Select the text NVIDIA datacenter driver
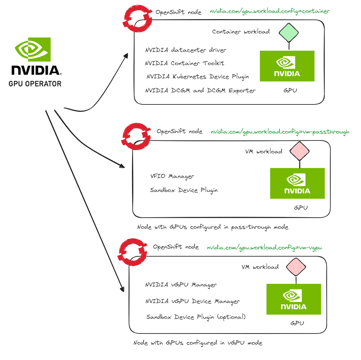[186, 50]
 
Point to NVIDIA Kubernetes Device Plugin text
[198, 76]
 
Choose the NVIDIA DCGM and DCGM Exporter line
[200, 90]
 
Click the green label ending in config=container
[270, 11]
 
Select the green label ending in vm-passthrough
[280, 132]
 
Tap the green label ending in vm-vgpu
[264, 248]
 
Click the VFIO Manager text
[172, 177]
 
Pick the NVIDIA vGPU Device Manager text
[193, 301]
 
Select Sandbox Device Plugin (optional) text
[196, 317]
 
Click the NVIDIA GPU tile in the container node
[287, 66]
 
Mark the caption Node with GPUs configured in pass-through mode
[212, 227]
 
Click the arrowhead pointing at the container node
[126, 56]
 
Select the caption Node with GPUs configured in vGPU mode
[198, 343]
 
